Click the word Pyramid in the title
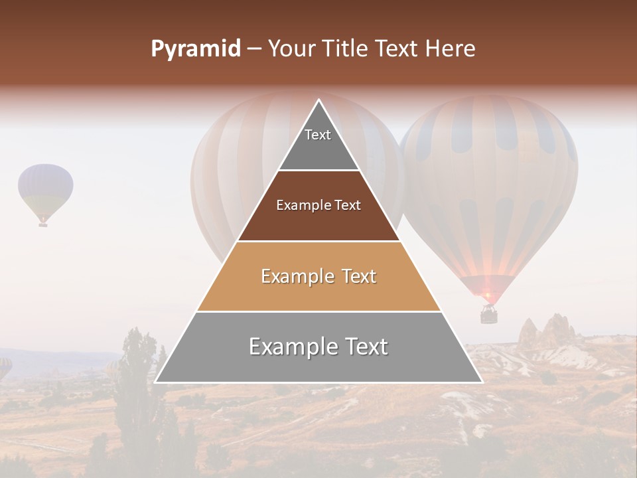click(195, 49)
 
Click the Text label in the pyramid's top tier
click(318, 135)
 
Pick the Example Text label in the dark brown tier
click(318, 205)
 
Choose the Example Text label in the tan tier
click(318, 276)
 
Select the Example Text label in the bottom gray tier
click(318, 347)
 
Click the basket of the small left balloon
click(43, 224)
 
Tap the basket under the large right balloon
click(489, 314)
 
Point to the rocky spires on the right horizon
click(547, 332)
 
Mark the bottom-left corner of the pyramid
click(155, 382)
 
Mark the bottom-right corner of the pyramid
click(482, 382)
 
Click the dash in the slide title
click(254, 49)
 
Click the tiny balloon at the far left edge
click(5, 367)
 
